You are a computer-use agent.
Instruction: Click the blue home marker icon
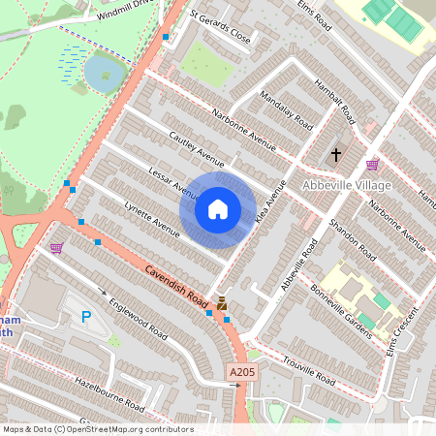point(218,209)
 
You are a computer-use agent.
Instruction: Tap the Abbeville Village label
point(346,185)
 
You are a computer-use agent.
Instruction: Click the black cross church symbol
point(336,154)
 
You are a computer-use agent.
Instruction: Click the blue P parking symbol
point(86,316)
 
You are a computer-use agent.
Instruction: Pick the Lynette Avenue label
point(153,220)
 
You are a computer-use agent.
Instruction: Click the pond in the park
point(103,72)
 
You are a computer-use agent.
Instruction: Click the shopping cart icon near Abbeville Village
point(373,164)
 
